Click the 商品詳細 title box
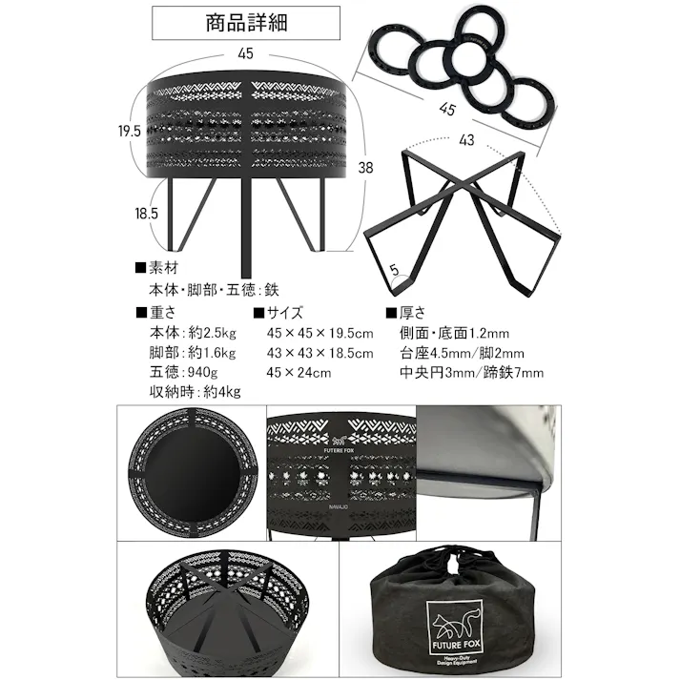pyautogui.click(x=246, y=23)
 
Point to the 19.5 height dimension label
pyautogui.click(x=130, y=131)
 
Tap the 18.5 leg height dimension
pyautogui.click(x=146, y=214)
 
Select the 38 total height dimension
pyautogui.click(x=365, y=168)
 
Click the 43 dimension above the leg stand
pyautogui.click(x=466, y=140)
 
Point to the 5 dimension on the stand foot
pyautogui.click(x=394, y=270)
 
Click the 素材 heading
pyautogui.click(x=157, y=268)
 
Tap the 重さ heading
pyautogui.click(x=156, y=312)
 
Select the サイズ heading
pyautogui.click(x=278, y=312)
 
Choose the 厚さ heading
pyautogui.click(x=405, y=312)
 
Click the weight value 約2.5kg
pyautogui.click(x=213, y=333)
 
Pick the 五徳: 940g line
pyautogui.click(x=183, y=372)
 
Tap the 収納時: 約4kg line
pyautogui.click(x=195, y=392)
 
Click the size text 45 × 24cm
pyautogui.click(x=299, y=372)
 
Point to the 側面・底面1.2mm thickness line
pyautogui.click(x=454, y=333)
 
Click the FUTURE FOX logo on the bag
pyautogui.click(x=455, y=627)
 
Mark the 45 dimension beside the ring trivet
pyautogui.click(x=446, y=109)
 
